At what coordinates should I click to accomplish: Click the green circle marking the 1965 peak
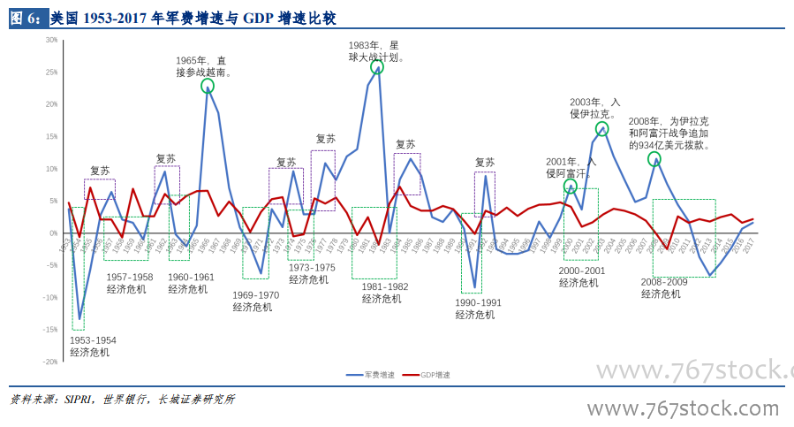point(208,86)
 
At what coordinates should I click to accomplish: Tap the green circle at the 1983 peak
point(377,66)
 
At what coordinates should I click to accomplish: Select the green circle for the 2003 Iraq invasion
point(602,129)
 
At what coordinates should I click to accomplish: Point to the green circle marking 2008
point(654,159)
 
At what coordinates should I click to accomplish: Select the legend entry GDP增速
point(427,375)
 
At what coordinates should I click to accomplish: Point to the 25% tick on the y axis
point(53,72)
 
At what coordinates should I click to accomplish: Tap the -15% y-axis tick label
point(51,330)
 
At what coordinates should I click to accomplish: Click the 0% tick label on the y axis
point(55,233)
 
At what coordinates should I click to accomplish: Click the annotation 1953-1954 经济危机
point(93,346)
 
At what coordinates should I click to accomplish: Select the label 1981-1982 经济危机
point(384,293)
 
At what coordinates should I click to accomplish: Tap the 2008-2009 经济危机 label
point(664,288)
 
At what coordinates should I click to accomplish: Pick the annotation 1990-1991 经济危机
point(478,309)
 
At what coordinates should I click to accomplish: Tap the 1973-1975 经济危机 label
point(312,273)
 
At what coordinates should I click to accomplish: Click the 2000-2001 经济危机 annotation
point(582,277)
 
